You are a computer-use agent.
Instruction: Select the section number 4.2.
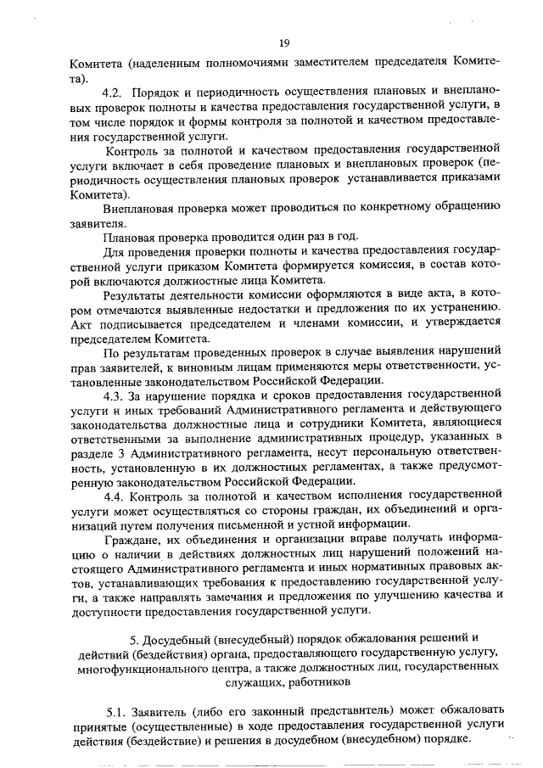click(113, 91)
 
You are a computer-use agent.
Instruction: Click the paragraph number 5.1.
click(118, 709)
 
